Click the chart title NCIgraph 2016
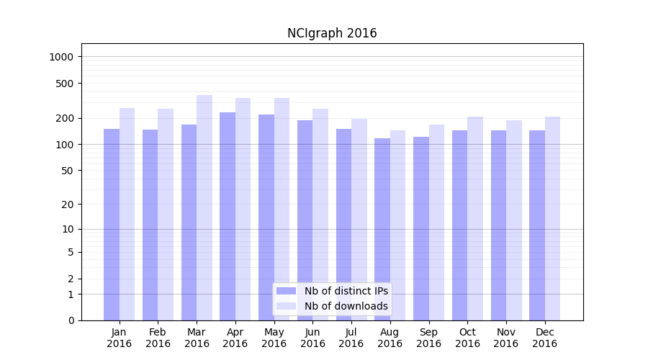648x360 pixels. pos(332,33)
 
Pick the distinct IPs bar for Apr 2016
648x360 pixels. pos(228,216)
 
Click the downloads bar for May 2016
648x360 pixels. pos(282,209)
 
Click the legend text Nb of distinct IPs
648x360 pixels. pos(346,291)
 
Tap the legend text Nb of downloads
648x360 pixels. pos(346,306)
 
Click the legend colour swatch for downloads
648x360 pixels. pos(287,306)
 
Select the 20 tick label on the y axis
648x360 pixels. pos(68,204)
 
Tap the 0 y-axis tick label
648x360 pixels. pos(71,320)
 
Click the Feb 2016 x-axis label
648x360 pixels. pos(158,338)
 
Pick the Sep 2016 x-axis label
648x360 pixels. pos(428,338)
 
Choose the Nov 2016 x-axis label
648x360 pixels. pos(506,338)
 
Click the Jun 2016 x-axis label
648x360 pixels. pos(312,338)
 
